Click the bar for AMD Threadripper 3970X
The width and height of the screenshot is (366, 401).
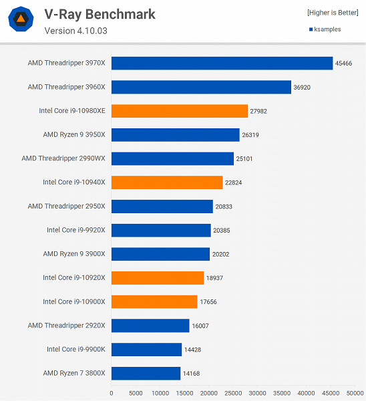tap(222, 63)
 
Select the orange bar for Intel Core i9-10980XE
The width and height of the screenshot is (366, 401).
tap(179, 111)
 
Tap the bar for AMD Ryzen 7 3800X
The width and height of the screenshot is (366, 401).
tap(146, 373)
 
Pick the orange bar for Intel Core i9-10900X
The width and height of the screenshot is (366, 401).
tap(154, 301)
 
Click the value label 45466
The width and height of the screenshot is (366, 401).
tap(345, 63)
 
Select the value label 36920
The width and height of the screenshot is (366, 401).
tap(303, 87)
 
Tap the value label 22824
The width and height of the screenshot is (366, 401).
tap(234, 182)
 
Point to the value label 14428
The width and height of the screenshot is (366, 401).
tap(194, 350)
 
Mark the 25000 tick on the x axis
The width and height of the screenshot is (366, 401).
tap(233, 393)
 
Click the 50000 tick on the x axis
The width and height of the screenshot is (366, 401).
tap(355, 393)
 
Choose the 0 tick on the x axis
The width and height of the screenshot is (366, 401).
tap(111, 393)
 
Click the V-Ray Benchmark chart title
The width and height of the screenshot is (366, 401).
tap(100, 14)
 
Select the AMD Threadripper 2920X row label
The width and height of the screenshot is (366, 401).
tap(66, 325)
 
